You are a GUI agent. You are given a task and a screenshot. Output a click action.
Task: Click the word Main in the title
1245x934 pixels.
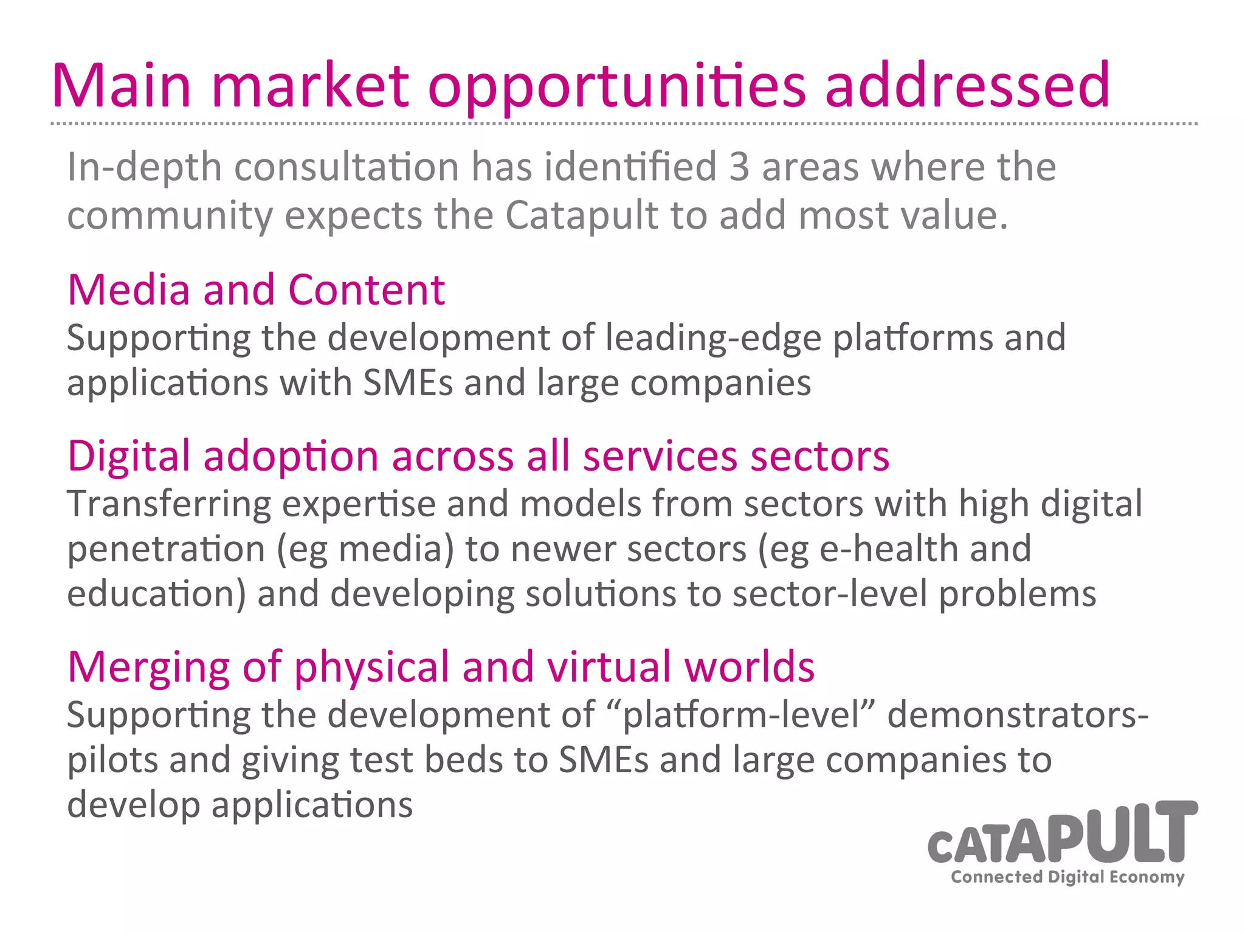click(122, 86)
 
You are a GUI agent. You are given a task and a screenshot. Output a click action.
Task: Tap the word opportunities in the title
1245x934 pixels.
click(617, 86)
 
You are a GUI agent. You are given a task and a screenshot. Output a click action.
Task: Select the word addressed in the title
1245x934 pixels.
click(967, 86)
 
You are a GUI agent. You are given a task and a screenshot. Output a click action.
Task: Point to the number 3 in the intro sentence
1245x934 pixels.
click(739, 167)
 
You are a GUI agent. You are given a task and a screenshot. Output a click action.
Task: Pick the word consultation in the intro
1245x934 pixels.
click(347, 167)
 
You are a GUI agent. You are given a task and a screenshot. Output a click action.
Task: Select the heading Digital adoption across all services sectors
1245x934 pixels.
click(478, 455)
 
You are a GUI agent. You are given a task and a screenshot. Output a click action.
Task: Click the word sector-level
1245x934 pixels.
click(830, 594)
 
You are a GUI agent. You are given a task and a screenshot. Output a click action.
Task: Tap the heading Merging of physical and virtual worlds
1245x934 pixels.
click(441, 666)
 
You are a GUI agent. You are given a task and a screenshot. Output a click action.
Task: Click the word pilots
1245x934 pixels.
click(112, 761)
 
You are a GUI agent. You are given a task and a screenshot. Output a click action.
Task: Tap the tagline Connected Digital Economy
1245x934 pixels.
click(1067, 877)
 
